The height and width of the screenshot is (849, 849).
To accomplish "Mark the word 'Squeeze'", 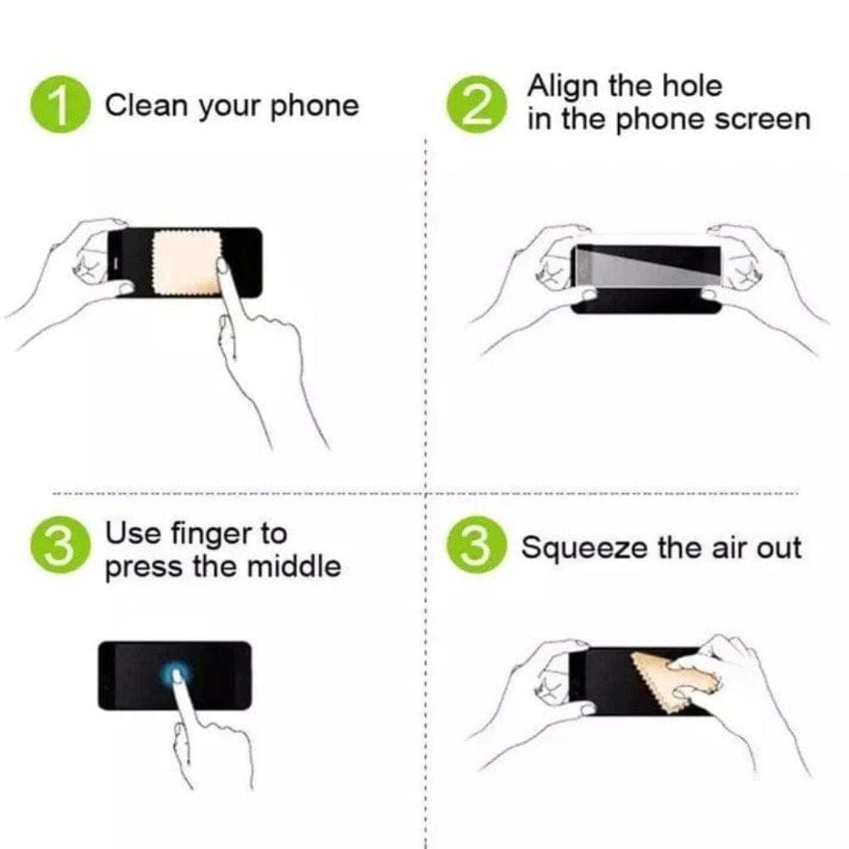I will pos(585,548).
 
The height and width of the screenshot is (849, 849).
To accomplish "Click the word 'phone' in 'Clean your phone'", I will pos(313,106).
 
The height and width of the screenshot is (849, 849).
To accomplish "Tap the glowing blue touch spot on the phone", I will pos(177,675).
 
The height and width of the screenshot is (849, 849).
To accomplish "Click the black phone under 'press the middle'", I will pos(127,675).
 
